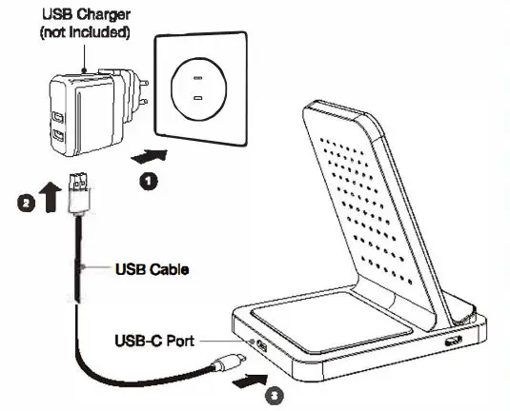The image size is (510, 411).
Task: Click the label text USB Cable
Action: point(150,269)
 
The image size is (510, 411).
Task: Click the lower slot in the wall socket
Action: point(200,98)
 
